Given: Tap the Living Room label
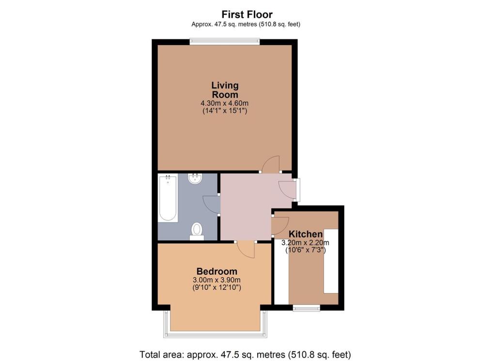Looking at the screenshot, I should point(225,90).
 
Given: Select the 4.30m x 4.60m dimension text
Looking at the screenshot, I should point(225,103).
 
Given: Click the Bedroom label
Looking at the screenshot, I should point(217,271).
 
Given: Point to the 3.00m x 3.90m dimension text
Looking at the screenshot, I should point(217,280).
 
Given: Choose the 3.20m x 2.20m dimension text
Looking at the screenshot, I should point(306,243).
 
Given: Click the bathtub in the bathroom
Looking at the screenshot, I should point(168,199).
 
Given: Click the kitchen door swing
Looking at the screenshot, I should point(279,226).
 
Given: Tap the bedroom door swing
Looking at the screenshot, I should point(246,250).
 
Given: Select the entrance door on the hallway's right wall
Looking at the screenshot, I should point(289,189).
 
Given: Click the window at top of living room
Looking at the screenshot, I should point(224,42).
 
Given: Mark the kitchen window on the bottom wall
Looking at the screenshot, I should point(307,307).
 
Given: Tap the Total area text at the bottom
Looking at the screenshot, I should point(245,353).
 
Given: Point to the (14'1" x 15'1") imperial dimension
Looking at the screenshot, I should point(225,111).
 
